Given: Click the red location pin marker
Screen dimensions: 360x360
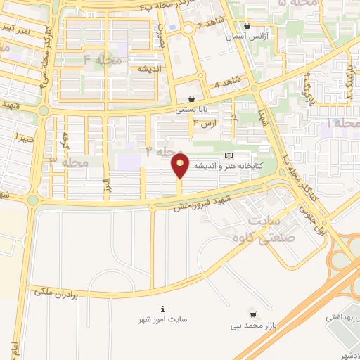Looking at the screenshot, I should (x=180, y=167).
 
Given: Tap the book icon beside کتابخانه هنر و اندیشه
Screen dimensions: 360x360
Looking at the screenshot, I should (x=227, y=155).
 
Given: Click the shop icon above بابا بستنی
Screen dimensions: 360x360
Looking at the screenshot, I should (x=192, y=99).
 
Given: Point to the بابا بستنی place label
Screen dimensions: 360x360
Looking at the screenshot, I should (x=192, y=110).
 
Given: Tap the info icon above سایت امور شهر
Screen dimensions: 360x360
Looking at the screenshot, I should (x=163, y=309).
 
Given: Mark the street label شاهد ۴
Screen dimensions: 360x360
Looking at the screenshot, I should (x=226, y=84).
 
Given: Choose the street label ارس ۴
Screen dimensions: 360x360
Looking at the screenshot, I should (x=205, y=124).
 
